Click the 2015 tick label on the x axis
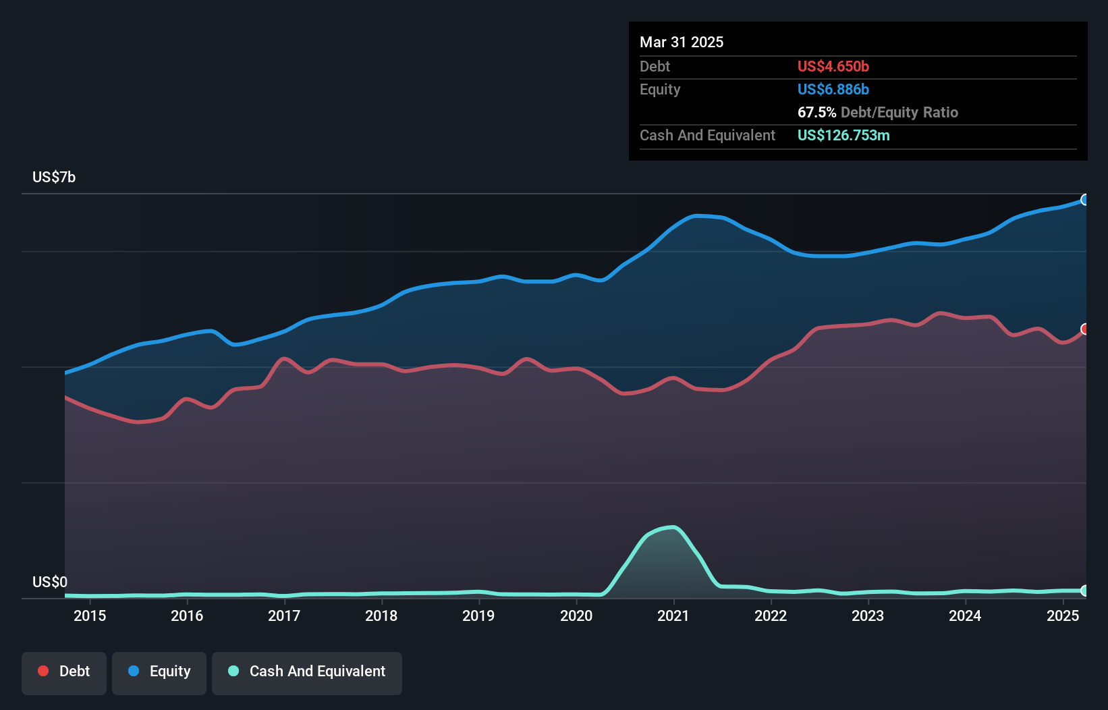[x=90, y=616]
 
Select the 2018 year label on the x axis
[x=381, y=616]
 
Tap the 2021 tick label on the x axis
[x=673, y=616]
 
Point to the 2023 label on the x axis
[x=868, y=616]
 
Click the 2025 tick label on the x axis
[x=1063, y=616]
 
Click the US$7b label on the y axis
[x=54, y=177]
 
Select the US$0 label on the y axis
[x=50, y=582]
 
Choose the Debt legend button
[x=64, y=672]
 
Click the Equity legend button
[x=159, y=672]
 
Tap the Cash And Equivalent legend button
[x=307, y=672]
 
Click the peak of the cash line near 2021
[x=672, y=527]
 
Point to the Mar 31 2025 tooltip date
[x=682, y=42]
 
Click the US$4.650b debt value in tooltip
[x=833, y=66]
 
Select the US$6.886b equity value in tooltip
[x=833, y=89]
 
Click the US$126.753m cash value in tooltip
[x=843, y=135]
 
